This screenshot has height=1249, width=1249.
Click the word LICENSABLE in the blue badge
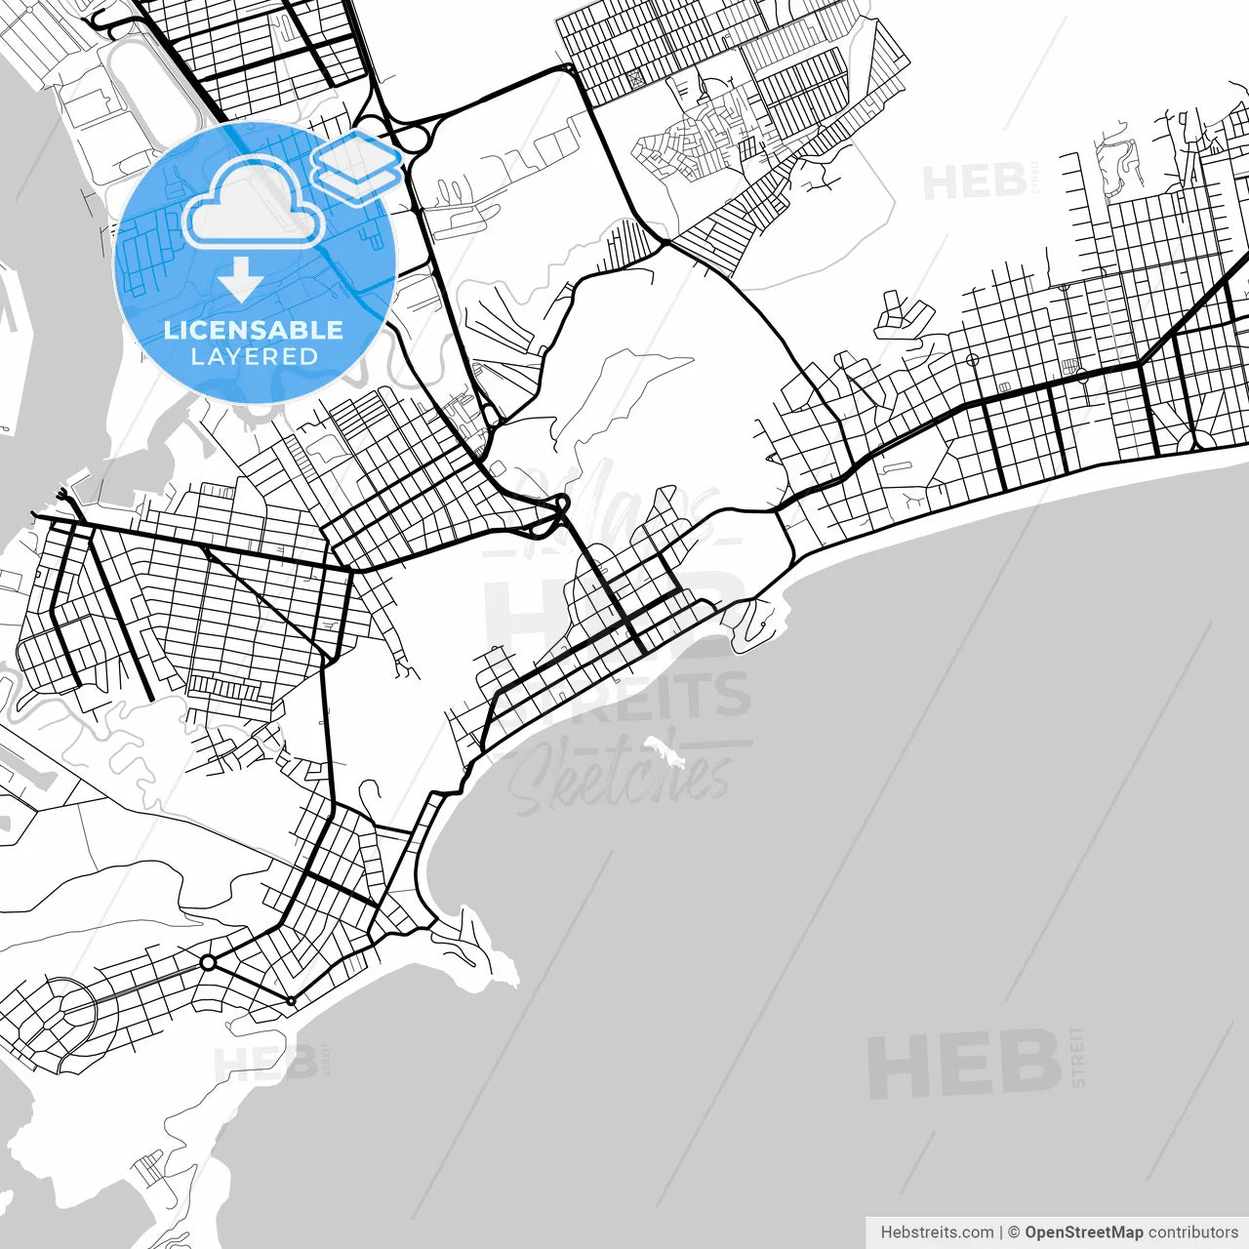(x=254, y=330)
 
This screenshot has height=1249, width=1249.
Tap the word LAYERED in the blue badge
(x=254, y=357)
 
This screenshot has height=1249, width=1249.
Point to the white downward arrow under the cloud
(x=240, y=280)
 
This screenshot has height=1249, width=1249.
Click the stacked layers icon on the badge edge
(x=357, y=167)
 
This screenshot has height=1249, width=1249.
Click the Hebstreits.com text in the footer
(x=937, y=1232)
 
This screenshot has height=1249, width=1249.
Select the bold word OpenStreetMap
(x=1083, y=1232)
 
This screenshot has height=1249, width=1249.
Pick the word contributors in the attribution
(x=1193, y=1232)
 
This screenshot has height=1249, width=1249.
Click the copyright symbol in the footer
(x=1014, y=1232)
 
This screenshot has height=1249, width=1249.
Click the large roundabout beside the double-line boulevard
(x=208, y=963)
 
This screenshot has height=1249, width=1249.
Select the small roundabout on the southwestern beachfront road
(x=291, y=1001)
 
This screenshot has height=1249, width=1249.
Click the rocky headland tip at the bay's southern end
(x=508, y=972)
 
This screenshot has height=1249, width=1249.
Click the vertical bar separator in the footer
(x=1000, y=1232)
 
